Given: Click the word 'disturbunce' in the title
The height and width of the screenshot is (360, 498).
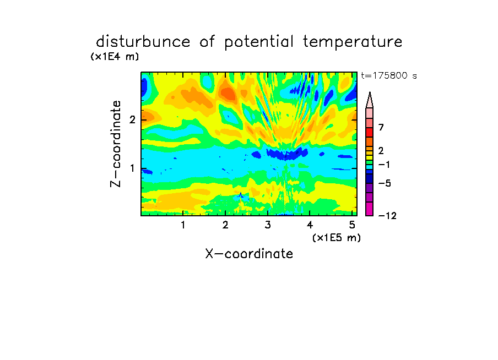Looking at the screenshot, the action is (x=143, y=42).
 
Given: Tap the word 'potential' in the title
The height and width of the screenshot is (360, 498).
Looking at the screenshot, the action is (x=259, y=42).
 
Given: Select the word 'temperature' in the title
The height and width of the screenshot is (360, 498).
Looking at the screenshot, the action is (x=353, y=42).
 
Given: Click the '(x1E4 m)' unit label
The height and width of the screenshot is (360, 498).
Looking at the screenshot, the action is (x=115, y=57).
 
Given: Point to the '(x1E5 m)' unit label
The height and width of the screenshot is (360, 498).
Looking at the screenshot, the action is (x=337, y=237).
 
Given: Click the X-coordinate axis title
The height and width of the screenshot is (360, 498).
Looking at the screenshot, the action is (x=249, y=254).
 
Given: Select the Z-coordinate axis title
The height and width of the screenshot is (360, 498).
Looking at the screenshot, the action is (x=116, y=144).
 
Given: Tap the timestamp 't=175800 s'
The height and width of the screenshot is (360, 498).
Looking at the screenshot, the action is (x=389, y=75).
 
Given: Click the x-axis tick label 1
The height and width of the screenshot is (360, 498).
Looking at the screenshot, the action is (x=183, y=225).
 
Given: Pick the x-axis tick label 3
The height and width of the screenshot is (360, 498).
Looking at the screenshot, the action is (x=268, y=225).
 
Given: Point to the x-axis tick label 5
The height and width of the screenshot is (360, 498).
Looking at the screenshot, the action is (x=352, y=225).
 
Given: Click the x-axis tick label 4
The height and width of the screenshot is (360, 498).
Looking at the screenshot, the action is (x=310, y=225).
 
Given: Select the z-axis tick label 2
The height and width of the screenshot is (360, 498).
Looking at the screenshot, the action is (x=132, y=119).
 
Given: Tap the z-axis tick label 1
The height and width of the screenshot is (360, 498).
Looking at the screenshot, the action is (x=132, y=168).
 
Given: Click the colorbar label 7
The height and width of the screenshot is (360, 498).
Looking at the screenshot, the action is (x=381, y=128).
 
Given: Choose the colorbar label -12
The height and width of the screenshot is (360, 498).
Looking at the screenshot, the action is (x=387, y=216).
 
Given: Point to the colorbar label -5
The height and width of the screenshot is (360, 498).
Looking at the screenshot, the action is (x=385, y=183).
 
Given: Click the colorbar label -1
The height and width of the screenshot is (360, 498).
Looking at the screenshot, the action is (x=384, y=165).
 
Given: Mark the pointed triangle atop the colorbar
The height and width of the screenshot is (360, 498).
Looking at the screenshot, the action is (x=370, y=100).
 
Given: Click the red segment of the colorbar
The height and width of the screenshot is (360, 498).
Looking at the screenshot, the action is (x=370, y=132).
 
